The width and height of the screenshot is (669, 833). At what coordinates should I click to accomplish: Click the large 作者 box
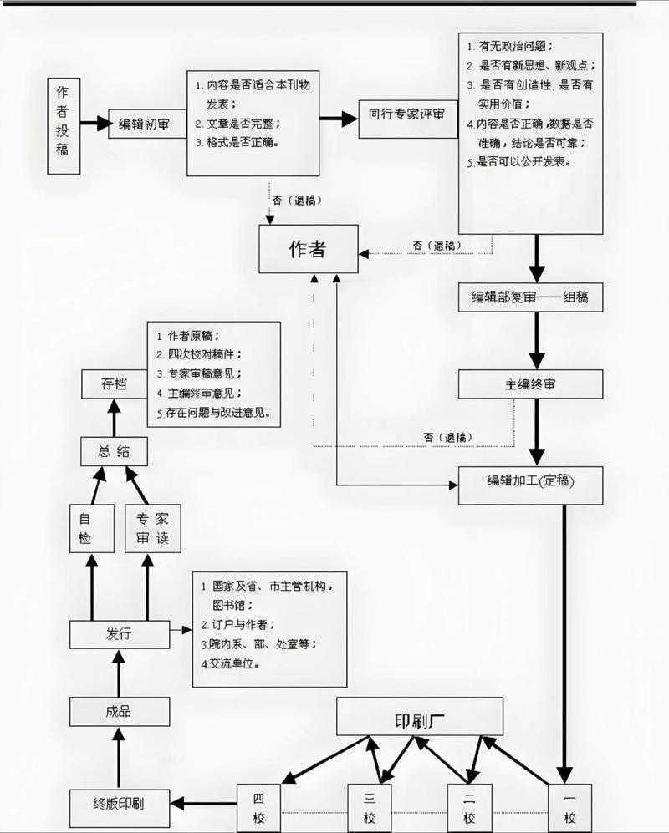pos(308,249)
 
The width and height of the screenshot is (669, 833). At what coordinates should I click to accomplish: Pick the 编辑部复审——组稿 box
pos(530,297)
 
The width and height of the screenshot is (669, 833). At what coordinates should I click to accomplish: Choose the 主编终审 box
pos(530,384)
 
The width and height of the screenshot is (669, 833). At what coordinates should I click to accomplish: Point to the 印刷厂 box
pos(420,717)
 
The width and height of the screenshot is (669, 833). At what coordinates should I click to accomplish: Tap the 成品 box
pos(120,712)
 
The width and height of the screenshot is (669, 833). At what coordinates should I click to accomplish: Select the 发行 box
pos(120,634)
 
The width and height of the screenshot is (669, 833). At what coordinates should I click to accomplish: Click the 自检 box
pos(91,529)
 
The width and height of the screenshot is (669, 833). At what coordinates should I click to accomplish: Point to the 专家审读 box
pos(152,529)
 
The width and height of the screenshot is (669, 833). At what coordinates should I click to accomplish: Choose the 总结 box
pos(115,452)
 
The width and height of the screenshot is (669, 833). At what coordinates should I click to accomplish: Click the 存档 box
pos(114,385)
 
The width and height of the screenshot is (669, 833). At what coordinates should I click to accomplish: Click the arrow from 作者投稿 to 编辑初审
pos(95,124)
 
